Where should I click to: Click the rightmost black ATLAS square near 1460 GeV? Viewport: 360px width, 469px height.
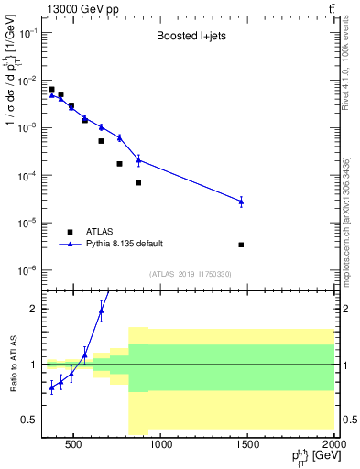tap(241, 245)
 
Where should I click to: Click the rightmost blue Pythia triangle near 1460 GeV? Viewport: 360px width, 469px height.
tap(241, 201)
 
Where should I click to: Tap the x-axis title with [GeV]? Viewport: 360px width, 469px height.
tap(307, 458)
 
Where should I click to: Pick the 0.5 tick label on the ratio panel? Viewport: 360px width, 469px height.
tap(28, 420)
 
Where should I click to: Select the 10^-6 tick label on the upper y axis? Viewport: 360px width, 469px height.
tap(26, 270)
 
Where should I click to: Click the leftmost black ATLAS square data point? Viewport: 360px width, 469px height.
tap(51, 90)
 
